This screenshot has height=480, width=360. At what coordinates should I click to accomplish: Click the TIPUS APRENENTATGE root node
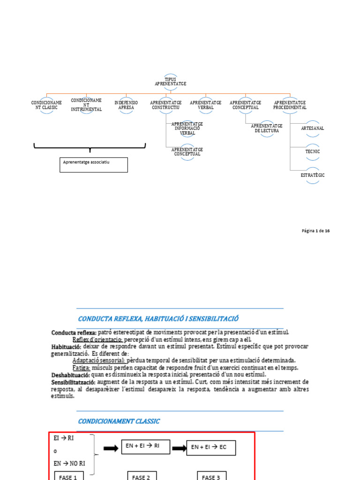pos(171,82)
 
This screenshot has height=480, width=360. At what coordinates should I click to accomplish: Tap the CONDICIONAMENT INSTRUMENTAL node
pos(86,105)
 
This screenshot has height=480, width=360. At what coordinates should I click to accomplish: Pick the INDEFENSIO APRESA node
pos(126,105)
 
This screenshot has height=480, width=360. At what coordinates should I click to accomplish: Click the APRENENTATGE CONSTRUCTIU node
pos(166,105)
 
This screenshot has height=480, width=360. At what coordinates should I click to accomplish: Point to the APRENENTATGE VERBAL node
pos(206,105)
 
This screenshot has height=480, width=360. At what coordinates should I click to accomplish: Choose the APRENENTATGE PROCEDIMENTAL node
pos(290,105)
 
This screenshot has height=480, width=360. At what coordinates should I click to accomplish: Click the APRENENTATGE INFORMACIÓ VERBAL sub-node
pos(187,128)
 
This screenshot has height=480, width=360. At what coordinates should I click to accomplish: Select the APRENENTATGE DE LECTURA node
pos(267,128)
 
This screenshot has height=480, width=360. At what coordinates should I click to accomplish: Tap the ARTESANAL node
pos(312,128)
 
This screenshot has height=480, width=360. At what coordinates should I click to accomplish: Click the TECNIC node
pos(312,152)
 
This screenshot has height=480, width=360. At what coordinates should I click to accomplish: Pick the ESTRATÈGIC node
pos(312,175)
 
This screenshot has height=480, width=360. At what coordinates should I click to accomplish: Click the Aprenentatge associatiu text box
pos(94,165)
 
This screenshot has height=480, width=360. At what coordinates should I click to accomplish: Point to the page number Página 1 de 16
pos(315,231)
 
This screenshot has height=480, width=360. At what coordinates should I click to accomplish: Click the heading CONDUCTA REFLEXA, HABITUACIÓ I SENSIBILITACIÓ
pos(158,319)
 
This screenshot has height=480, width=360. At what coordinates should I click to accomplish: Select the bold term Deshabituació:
pos(67,375)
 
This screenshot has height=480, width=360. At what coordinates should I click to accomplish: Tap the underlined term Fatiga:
pos(81,367)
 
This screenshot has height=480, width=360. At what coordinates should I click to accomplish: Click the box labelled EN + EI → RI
pos(146,447)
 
